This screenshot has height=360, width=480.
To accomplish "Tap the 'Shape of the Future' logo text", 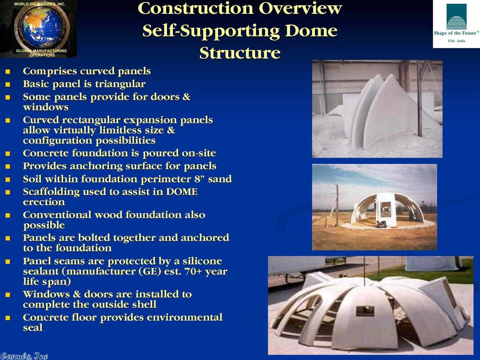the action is [456, 33].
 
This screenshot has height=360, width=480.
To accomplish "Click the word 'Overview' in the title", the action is [300, 9].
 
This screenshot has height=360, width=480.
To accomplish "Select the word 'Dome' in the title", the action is [311, 31].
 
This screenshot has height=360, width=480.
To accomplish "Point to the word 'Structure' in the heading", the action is [240, 53].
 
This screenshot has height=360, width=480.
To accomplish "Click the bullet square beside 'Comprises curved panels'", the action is [7, 72].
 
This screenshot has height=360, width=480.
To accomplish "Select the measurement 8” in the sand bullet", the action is [199, 178].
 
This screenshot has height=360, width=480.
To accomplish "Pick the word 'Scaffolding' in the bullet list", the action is [51, 192].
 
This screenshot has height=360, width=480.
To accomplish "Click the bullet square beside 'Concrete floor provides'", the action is [7, 318].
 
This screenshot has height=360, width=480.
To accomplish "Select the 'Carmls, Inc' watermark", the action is [24, 356].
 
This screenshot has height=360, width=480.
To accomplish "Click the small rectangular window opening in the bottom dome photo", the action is [365, 311].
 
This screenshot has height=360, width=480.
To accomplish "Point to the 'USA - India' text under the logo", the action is [456, 41].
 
